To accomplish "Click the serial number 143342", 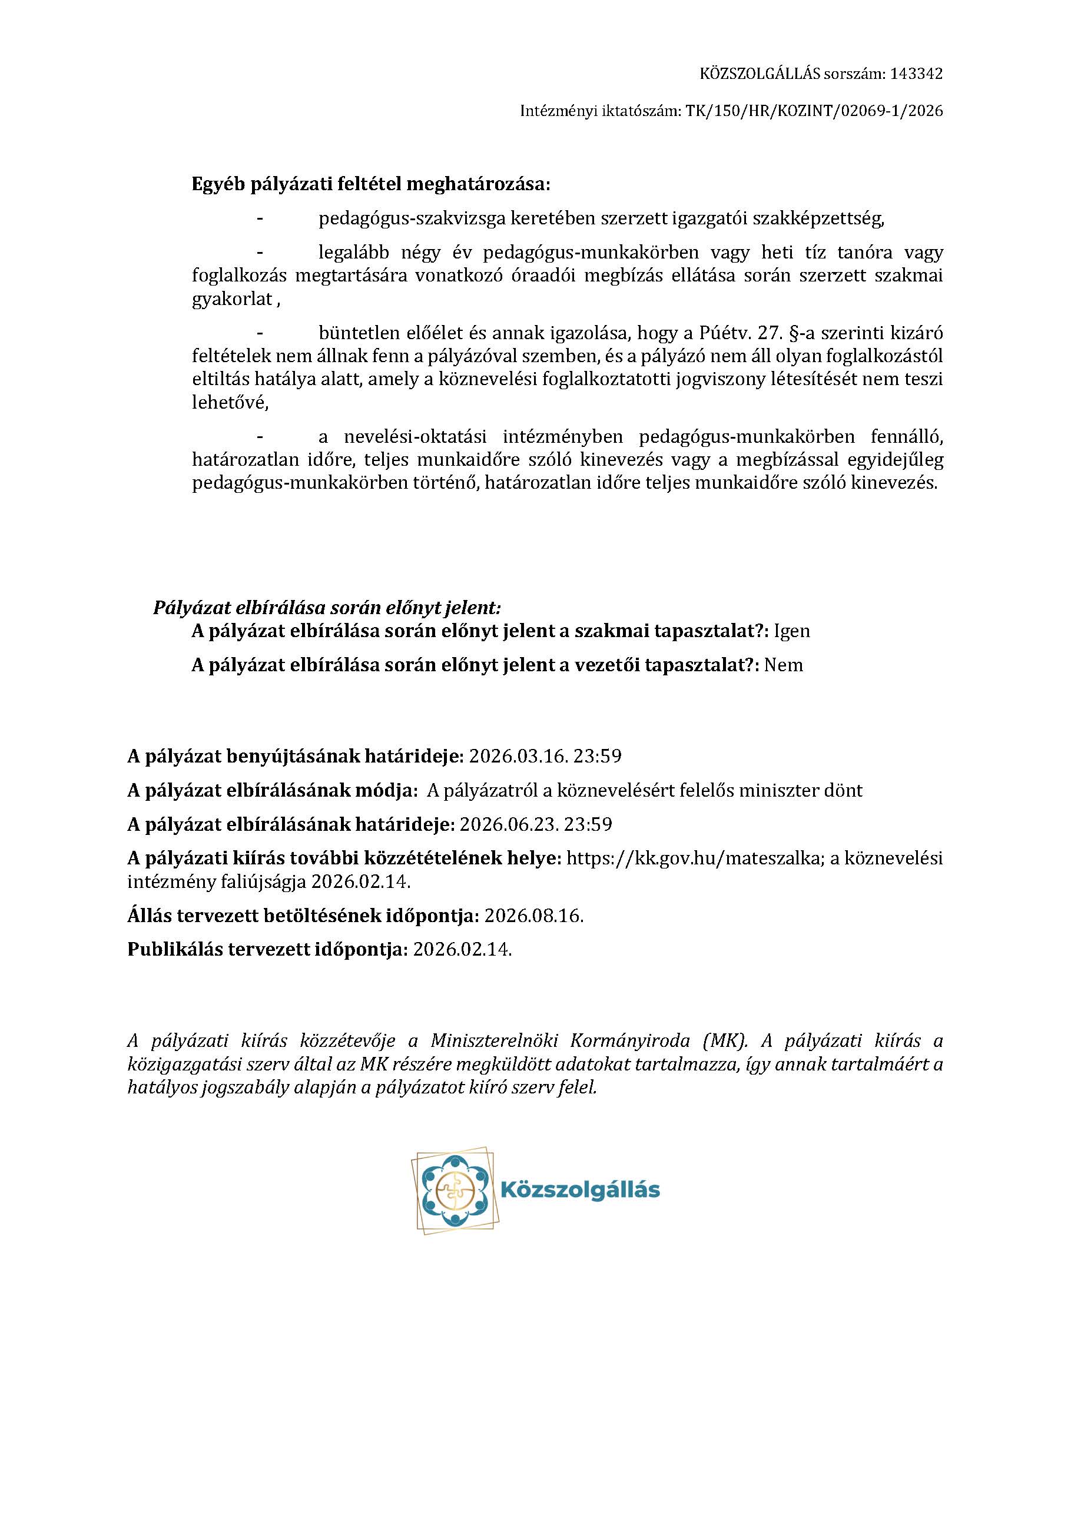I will tap(916, 74).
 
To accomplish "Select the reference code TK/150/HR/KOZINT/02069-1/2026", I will tap(814, 111).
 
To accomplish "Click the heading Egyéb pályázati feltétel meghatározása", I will tap(370, 184).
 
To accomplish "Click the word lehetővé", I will tap(230, 403).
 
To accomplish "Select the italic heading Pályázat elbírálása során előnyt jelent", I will tap(327, 607).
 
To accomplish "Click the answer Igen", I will tap(791, 631).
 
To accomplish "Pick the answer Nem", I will tap(783, 665).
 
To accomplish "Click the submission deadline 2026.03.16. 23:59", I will tap(545, 756).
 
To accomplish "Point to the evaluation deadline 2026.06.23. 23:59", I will tap(535, 824).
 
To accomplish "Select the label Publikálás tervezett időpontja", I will tap(267, 950).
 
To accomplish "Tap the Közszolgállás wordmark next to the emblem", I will tap(581, 1191).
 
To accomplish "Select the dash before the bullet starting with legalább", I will tap(261, 253).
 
